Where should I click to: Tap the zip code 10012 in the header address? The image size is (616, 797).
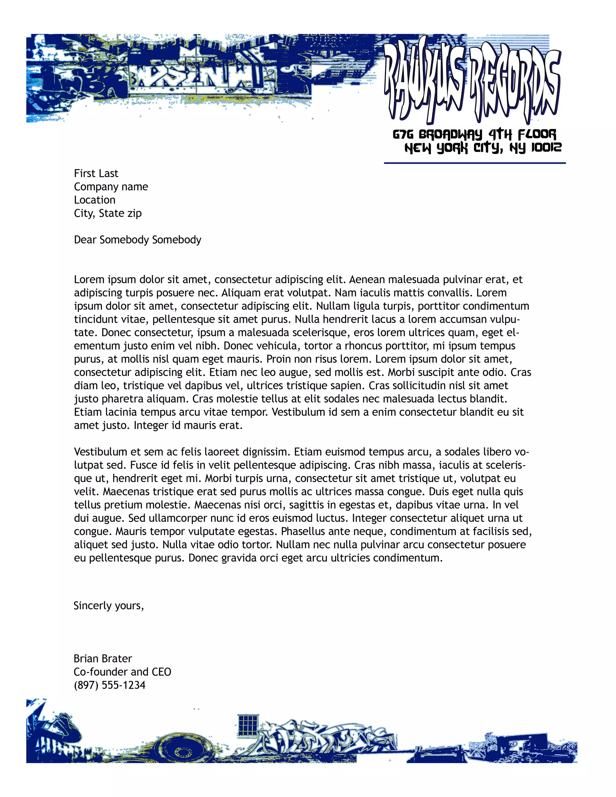(x=546, y=147)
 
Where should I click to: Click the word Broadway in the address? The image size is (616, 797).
(x=450, y=134)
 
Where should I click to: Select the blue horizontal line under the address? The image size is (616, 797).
(x=474, y=163)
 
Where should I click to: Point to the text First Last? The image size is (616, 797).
(x=96, y=173)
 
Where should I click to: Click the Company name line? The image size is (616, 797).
(x=111, y=186)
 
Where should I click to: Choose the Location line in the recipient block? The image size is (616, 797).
(x=94, y=200)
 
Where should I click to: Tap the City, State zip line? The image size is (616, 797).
(x=108, y=213)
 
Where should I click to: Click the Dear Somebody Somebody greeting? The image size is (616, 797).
(x=137, y=240)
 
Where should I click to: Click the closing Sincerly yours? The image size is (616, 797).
(x=109, y=606)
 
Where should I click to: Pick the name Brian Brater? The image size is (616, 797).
(x=103, y=659)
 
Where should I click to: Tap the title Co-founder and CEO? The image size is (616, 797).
(x=122, y=672)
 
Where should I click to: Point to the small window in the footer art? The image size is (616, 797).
(x=248, y=727)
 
